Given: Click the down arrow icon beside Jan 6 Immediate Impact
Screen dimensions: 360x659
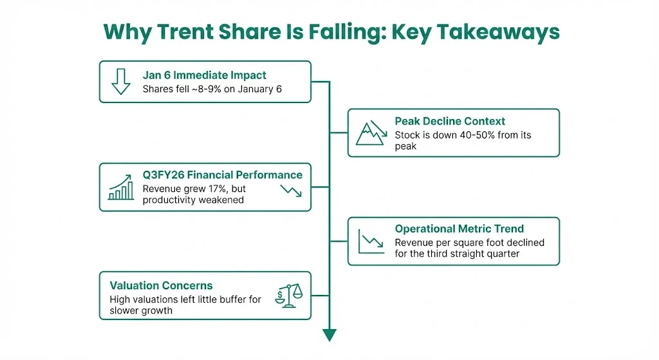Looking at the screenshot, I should (x=120, y=81).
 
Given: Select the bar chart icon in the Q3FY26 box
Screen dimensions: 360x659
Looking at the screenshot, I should (x=121, y=187).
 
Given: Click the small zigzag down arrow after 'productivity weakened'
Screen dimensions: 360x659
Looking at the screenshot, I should (x=291, y=191).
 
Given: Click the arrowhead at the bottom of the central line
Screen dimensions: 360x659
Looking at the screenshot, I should (x=329, y=334).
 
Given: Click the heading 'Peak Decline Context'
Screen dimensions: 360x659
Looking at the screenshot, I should (x=450, y=121).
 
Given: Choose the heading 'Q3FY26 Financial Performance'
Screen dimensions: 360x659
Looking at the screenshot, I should (x=222, y=175).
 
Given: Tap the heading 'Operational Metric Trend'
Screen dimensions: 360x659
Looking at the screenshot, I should (x=459, y=229).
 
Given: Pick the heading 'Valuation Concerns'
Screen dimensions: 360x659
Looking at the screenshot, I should (x=161, y=285).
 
